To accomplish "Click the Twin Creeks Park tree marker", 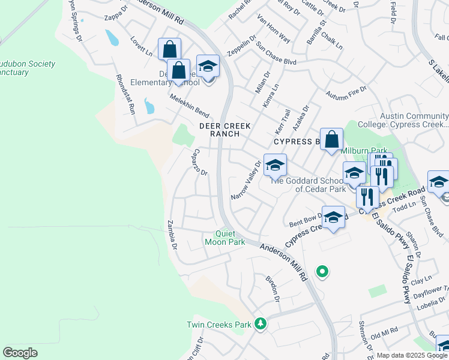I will [x=260, y=324].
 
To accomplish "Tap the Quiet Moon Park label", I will [x=225, y=238].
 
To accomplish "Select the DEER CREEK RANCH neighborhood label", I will [x=225, y=130].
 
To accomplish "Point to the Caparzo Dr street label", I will [x=200, y=162].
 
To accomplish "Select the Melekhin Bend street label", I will [x=188, y=105].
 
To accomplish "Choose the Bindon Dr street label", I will [x=273, y=289].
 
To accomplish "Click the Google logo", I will [x=20, y=352].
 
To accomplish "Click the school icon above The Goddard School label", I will [x=275, y=164].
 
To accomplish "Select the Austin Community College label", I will [x=414, y=120].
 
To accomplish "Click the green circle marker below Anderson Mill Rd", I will [x=322, y=272].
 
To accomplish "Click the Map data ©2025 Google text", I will [x=411, y=355].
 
